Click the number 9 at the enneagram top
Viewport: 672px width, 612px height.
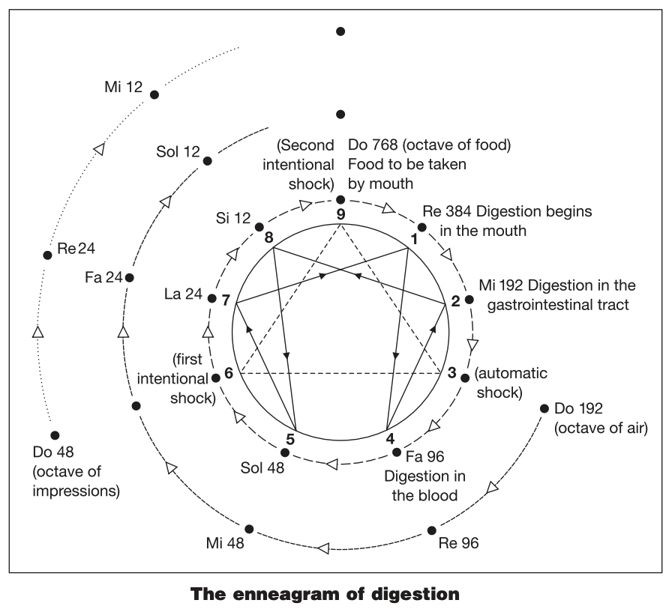click(x=340, y=213)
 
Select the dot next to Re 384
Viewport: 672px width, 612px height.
click(x=421, y=227)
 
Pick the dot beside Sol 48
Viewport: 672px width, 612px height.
click(x=284, y=452)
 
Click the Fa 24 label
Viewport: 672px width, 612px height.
click(x=103, y=277)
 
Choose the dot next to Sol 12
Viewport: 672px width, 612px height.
click(x=208, y=160)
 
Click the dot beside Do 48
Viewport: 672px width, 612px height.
click(x=54, y=435)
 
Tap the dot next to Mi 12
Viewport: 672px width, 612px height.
click(x=154, y=95)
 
